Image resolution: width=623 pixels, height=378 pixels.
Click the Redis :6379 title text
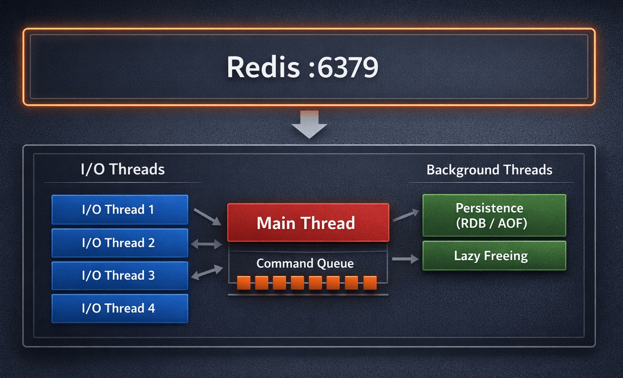(x=302, y=67)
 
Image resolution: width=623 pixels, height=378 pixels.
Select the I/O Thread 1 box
(x=119, y=210)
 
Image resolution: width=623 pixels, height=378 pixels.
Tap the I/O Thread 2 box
(x=119, y=243)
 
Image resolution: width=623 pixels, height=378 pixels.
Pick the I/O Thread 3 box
(x=119, y=275)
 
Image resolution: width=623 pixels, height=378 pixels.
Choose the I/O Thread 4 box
(x=119, y=308)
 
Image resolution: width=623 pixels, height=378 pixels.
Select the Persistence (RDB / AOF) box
(x=494, y=215)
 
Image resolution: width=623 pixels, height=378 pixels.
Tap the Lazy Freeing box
(x=494, y=256)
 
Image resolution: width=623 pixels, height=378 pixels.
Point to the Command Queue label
(x=305, y=263)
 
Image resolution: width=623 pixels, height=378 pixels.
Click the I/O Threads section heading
(x=123, y=169)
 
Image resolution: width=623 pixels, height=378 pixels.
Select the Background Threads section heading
(x=489, y=170)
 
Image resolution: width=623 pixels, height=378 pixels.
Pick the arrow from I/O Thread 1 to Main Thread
(x=207, y=217)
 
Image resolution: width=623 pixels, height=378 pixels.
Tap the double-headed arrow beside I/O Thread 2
(x=206, y=245)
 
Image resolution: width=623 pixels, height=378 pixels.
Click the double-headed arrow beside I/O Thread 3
(x=206, y=273)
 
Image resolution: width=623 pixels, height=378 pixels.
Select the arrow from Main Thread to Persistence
(x=405, y=216)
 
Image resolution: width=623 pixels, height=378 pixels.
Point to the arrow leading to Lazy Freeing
(x=405, y=259)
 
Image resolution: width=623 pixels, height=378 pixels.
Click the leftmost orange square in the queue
(x=244, y=283)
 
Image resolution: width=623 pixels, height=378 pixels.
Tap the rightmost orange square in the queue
(x=370, y=283)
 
